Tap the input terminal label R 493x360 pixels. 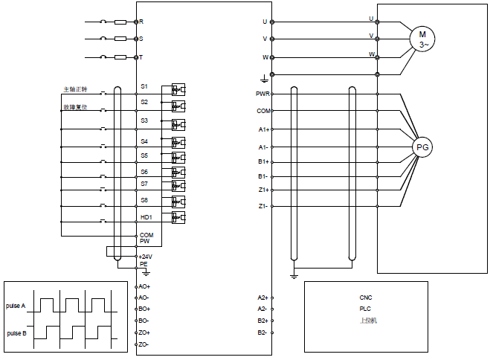[x=141, y=22]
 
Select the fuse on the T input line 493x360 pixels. [x=120, y=57]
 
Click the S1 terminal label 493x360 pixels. [x=144, y=86]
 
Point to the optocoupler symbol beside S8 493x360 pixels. [x=178, y=202]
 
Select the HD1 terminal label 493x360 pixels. [x=146, y=217]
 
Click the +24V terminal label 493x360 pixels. [x=146, y=257]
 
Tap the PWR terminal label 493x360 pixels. [x=262, y=94]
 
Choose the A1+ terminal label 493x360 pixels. [x=264, y=129]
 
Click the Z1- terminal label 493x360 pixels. [x=262, y=206]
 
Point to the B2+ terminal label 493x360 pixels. [x=262, y=321]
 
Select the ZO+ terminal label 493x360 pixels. [x=144, y=332]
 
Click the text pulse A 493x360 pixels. [x=16, y=306]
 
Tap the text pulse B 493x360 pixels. [x=16, y=333]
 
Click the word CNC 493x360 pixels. [x=366, y=298]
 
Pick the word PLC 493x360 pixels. [x=365, y=309]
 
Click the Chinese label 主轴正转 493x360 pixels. [x=75, y=89]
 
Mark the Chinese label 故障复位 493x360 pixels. [x=75, y=107]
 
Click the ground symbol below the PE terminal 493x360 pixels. [x=146, y=273]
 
